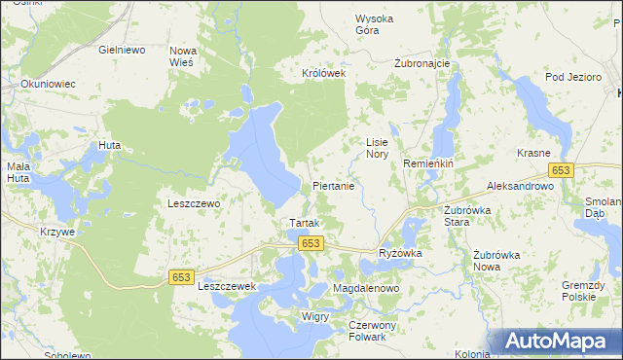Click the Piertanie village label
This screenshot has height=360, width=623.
pyautogui.click(x=339, y=185)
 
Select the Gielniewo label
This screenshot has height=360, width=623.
pyautogui.click(x=122, y=48)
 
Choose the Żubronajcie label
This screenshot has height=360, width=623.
pyautogui.click(x=421, y=63)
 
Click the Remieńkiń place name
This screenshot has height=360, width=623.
pyautogui.click(x=429, y=164)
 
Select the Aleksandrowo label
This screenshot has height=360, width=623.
pyautogui.click(x=520, y=185)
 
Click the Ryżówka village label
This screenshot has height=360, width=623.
pyautogui.click(x=399, y=253)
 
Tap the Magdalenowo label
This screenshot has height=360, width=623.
pyautogui.click(x=367, y=290)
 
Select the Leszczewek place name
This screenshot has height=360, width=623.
pyautogui.click(x=226, y=287)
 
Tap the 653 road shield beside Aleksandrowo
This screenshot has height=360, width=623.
pyautogui.click(x=560, y=170)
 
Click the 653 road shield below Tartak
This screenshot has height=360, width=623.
pyautogui.click(x=311, y=243)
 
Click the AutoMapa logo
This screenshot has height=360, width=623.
pyautogui.click(x=556, y=341)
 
